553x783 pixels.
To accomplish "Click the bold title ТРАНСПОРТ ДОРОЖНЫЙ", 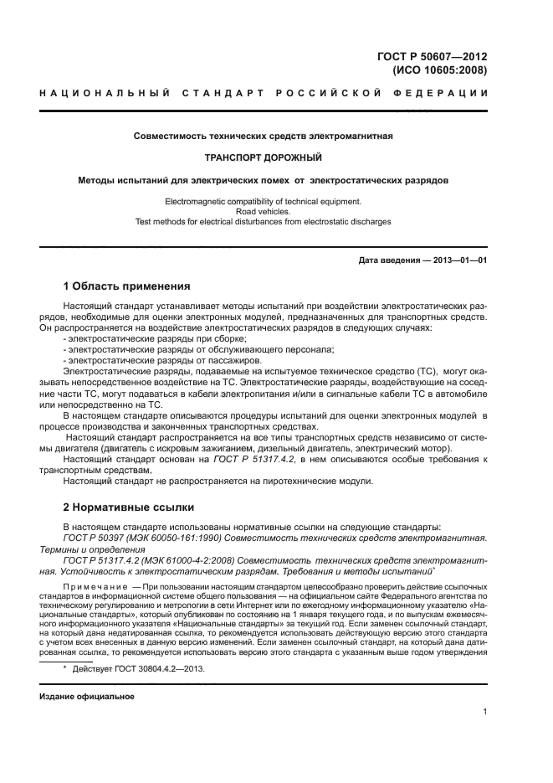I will click(264, 157).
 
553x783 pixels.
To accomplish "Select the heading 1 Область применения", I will click(127, 286).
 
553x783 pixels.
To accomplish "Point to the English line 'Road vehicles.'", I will click(264, 212).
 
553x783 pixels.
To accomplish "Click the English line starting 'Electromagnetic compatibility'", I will click(264, 201).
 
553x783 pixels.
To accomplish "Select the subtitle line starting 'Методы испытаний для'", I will click(264, 179).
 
